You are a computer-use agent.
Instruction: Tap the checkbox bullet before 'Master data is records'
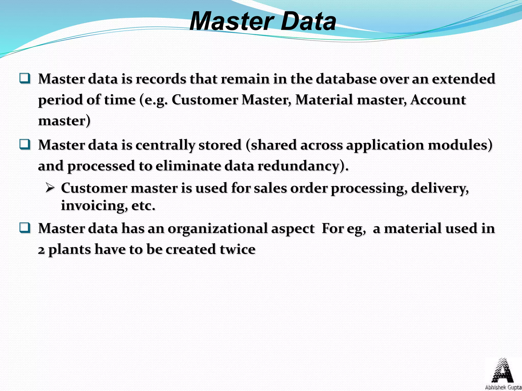(x=25, y=78)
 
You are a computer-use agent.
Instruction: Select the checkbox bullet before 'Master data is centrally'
(x=25, y=145)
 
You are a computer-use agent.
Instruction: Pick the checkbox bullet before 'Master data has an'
(x=25, y=228)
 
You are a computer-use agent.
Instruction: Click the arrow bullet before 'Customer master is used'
(x=50, y=188)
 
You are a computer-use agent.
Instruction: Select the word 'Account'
(x=438, y=100)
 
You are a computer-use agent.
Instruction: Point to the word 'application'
(x=385, y=145)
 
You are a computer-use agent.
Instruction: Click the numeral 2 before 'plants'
(x=41, y=250)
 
